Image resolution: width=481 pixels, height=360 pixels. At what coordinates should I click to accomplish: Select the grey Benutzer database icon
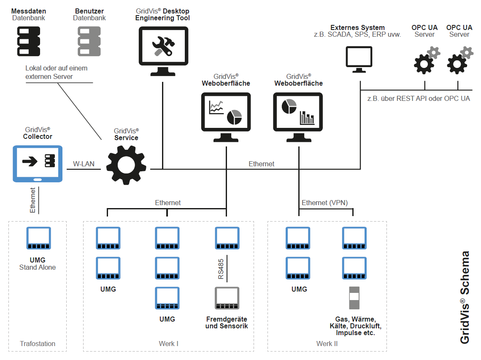[89, 42]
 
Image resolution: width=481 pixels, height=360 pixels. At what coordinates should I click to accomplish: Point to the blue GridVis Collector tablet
[38, 163]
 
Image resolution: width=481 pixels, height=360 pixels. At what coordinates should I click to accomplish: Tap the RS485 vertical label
[221, 269]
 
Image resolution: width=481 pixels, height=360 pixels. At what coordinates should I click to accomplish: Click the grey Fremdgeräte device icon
[227, 300]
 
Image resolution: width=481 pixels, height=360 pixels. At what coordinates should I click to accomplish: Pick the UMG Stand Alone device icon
[38, 239]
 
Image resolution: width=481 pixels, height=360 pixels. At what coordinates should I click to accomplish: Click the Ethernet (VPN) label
[324, 203]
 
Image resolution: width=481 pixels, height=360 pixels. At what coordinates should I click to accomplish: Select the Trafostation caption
[38, 344]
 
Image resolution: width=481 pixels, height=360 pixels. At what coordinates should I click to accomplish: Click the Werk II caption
[327, 344]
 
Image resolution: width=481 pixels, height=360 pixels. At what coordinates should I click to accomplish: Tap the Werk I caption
[168, 344]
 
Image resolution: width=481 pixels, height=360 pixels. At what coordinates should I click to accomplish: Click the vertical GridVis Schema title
[465, 297]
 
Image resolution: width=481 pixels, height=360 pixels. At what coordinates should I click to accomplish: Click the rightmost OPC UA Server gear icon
[459, 62]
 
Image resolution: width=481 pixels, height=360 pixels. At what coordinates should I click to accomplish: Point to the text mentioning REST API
[419, 98]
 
